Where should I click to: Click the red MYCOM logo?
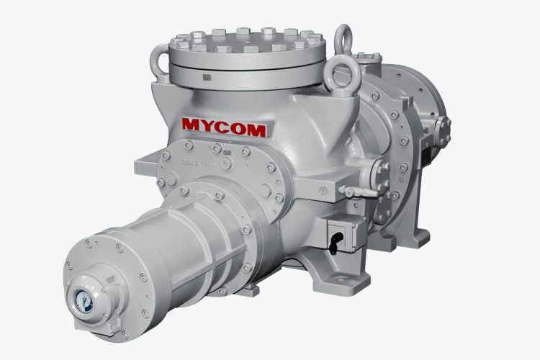223,127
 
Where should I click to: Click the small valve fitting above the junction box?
351,192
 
